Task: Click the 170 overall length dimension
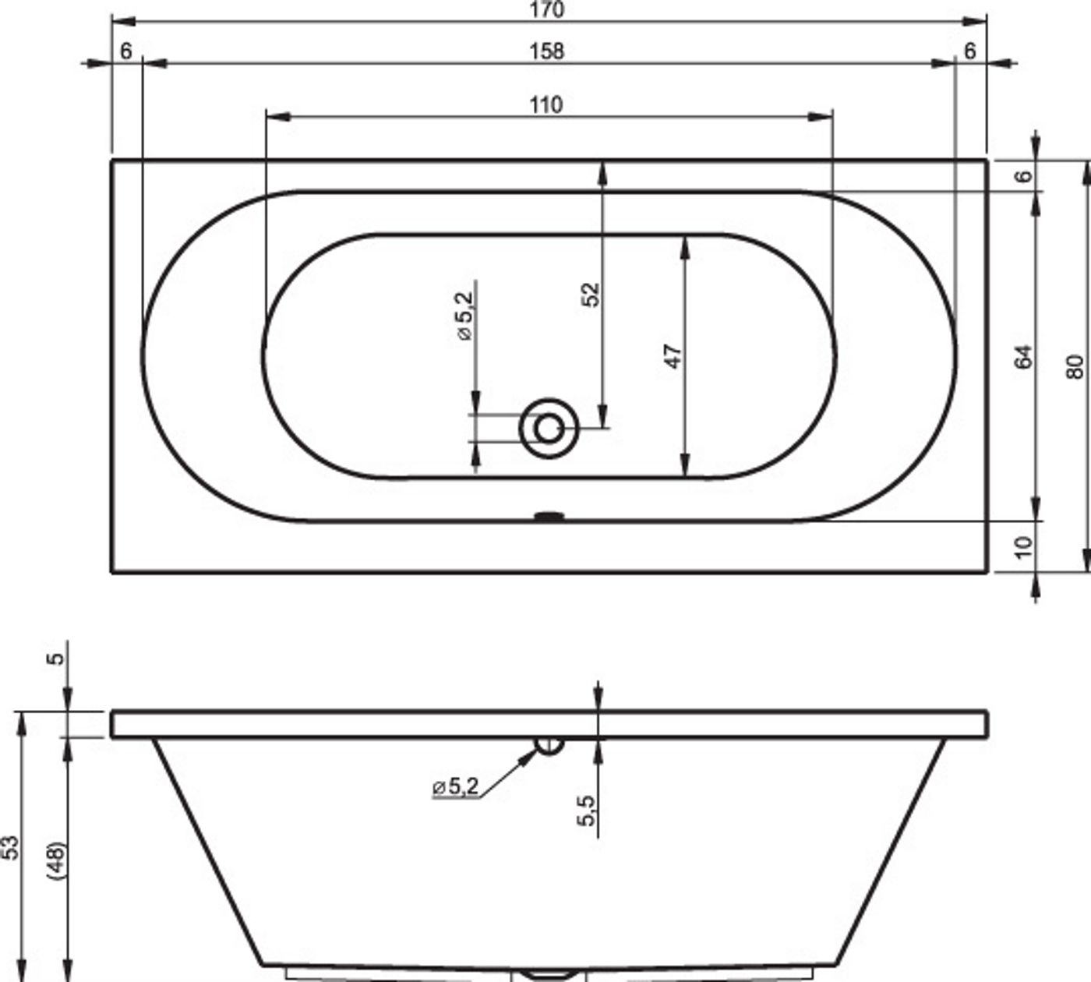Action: click(x=546, y=9)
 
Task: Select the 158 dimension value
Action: click(x=546, y=51)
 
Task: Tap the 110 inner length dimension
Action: click(x=546, y=104)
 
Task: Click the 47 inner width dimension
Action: click(x=673, y=356)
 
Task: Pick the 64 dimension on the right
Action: click(x=1023, y=356)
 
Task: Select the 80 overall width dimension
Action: click(x=1075, y=366)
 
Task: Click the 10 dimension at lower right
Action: click(x=1023, y=546)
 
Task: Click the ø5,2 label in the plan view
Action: click(x=465, y=316)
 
